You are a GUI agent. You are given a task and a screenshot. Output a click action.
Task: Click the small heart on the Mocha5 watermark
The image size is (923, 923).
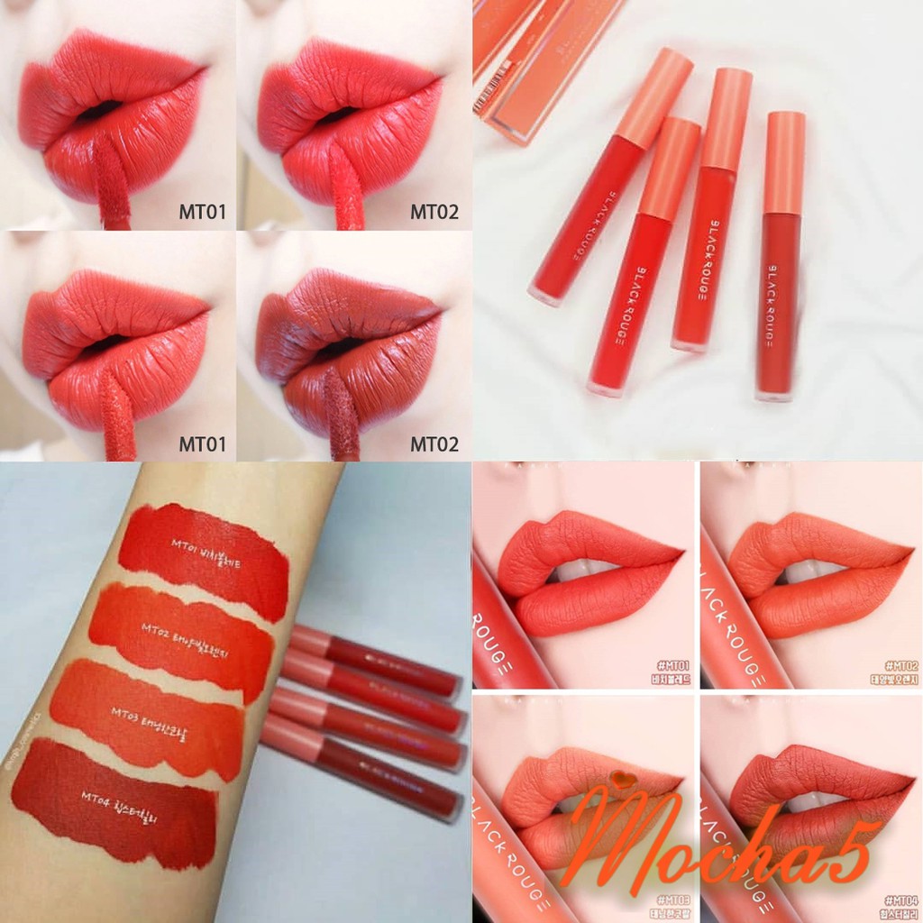[x=616, y=775]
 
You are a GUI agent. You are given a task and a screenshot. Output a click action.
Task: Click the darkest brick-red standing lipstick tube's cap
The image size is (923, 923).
[x=785, y=162]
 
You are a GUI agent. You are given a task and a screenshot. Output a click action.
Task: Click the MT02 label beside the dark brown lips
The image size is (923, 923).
[x=434, y=444]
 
